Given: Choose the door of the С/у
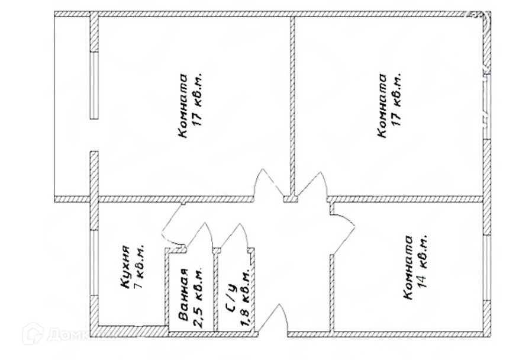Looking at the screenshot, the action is coord(237,237).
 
